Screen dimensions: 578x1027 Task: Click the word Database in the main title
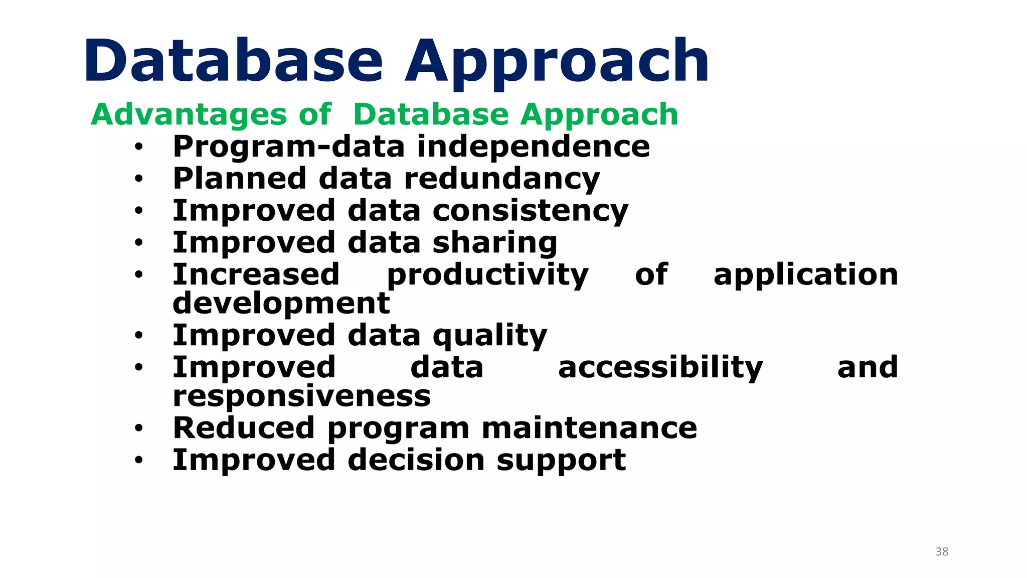(x=233, y=61)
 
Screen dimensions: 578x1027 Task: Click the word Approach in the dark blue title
(x=557, y=63)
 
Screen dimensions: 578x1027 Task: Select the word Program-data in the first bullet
(x=288, y=147)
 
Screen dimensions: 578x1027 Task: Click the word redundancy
(x=501, y=179)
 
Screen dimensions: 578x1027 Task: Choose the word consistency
(x=530, y=211)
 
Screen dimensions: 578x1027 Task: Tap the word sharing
(x=494, y=243)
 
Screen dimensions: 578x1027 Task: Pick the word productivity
(x=487, y=275)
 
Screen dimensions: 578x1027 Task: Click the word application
(x=805, y=275)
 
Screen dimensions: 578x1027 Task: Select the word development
(x=281, y=303)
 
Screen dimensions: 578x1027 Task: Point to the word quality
(x=489, y=336)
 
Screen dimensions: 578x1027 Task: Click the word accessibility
(x=660, y=368)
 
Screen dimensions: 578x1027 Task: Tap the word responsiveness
(x=301, y=396)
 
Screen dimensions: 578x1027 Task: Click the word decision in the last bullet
(x=416, y=460)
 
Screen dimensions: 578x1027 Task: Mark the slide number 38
(x=942, y=552)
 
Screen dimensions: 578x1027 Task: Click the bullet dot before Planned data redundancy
(x=139, y=179)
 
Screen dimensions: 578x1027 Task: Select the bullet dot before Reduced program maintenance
(x=139, y=428)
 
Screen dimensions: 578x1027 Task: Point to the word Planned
(x=239, y=179)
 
